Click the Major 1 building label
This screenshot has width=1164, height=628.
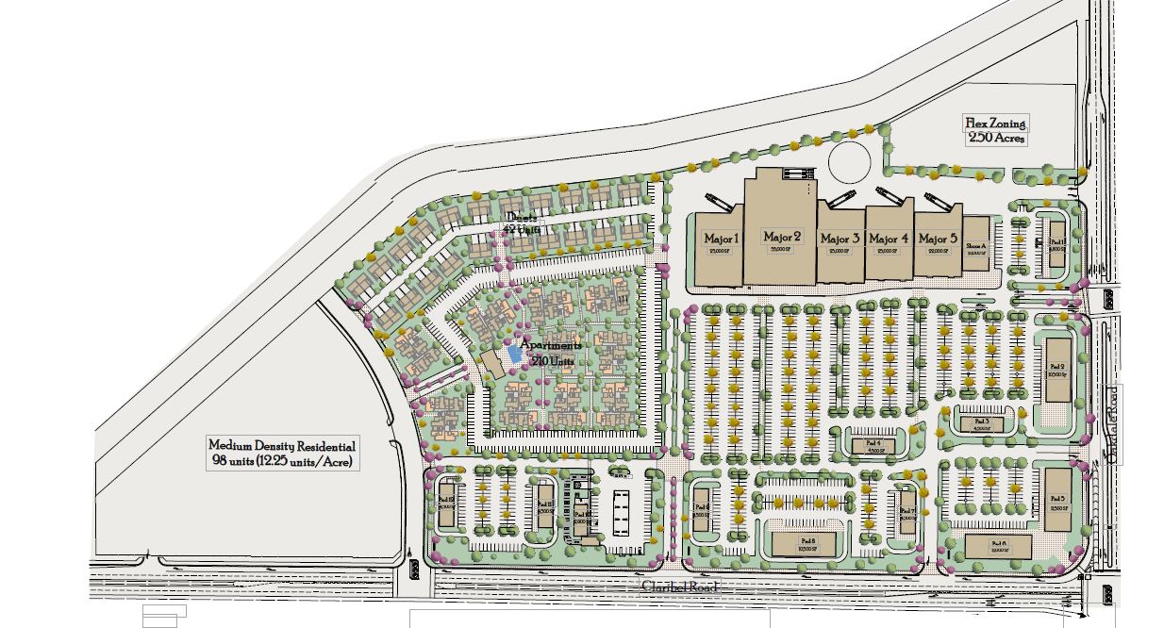(x=723, y=239)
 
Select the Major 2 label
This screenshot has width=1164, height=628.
(x=782, y=237)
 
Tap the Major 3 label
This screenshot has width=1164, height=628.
(x=840, y=239)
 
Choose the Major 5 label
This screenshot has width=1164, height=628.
(x=938, y=239)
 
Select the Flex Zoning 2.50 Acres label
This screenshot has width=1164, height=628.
(x=995, y=130)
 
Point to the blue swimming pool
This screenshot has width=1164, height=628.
(x=513, y=354)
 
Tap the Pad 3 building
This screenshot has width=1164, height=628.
(x=981, y=422)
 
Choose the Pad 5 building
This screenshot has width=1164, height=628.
(x=1056, y=499)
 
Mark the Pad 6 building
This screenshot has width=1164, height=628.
(x=999, y=545)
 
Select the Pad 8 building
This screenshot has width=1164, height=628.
(x=805, y=542)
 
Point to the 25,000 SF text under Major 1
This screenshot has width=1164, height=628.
(x=723, y=252)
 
